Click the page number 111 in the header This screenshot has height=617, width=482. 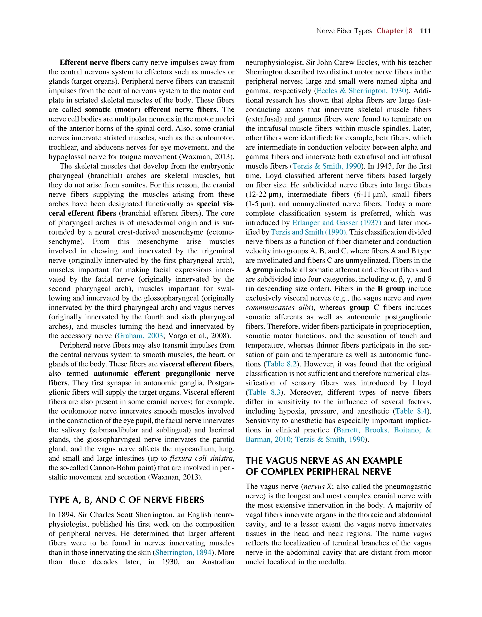pyautogui.click(x=425, y=31)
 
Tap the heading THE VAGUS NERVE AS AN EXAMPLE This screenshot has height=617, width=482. pyautogui.click(x=324, y=461)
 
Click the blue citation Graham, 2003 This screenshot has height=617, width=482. pyautogui.click(x=140, y=336)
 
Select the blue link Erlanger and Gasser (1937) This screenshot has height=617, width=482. pyautogui.click(x=337, y=223)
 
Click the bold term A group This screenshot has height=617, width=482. pyautogui.click(x=259, y=270)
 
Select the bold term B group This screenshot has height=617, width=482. pyautogui.click(x=391, y=289)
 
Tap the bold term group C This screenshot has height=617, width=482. pyautogui.click(x=364, y=308)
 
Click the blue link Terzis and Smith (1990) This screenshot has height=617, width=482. pyautogui.click(x=308, y=232)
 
